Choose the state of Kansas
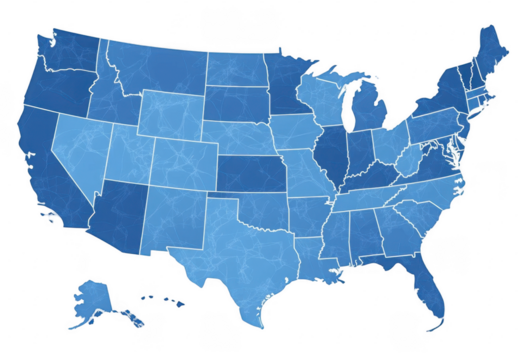[x=250, y=174]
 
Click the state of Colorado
[x=179, y=160]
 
